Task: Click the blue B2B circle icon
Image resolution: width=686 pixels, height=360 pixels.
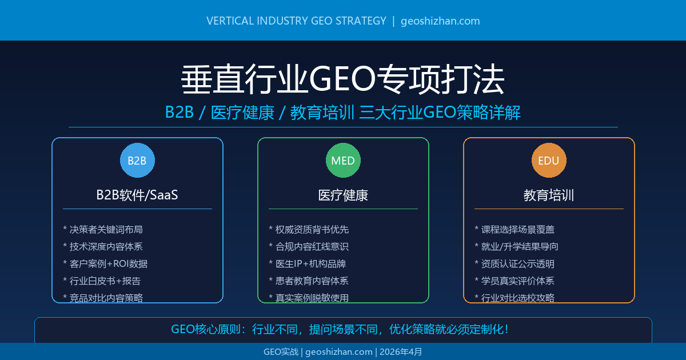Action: [x=137, y=161]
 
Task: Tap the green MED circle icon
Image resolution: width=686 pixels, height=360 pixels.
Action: [x=343, y=161]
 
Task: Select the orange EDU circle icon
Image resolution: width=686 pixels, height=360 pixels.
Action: [x=549, y=161]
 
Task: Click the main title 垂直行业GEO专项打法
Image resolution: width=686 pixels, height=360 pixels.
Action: [x=343, y=79]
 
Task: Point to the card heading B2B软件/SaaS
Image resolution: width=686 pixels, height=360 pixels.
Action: [x=137, y=195]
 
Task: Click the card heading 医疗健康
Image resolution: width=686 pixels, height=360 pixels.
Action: [x=343, y=195]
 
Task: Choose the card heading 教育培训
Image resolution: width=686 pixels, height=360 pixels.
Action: [x=549, y=195]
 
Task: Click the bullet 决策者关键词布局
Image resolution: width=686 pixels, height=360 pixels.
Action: [x=106, y=229]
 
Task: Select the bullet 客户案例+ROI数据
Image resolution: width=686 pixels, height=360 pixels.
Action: [x=108, y=263]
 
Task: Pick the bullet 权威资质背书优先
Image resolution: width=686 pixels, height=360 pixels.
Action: [x=312, y=229]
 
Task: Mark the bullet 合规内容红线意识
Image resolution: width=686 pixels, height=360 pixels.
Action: [x=312, y=246]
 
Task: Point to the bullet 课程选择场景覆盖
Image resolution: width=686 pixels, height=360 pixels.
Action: [x=517, y=229]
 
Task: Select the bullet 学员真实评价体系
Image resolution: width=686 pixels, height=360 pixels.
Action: [x=517, y=281]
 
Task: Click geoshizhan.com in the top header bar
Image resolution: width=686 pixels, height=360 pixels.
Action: [x=440, y=21]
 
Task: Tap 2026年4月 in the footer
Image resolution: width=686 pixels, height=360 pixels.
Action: [x=401, y=352]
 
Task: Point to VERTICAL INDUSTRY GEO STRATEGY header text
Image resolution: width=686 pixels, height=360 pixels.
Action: [x=296, y=21]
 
